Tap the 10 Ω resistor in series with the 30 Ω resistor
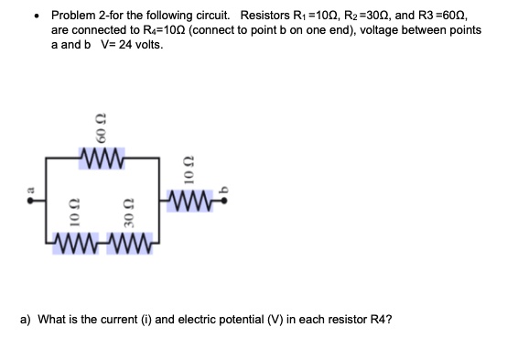tap(78, 244)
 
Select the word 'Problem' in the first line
tap(73, 16)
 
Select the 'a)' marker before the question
tap(27, 321)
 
